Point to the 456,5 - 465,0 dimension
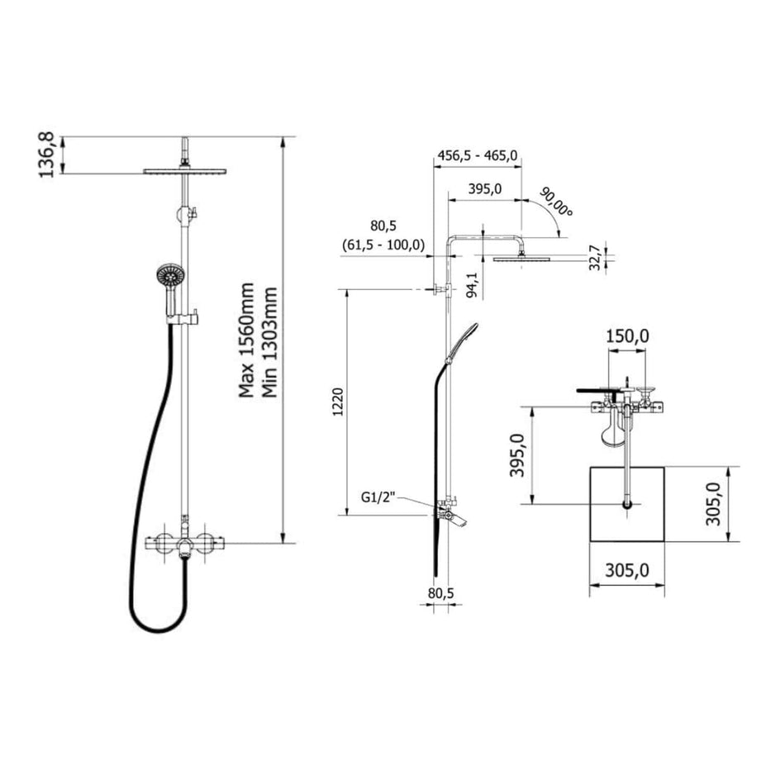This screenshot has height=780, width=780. [477, 155]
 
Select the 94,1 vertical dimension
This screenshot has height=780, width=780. [473, 283]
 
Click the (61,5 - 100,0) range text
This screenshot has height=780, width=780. [383, 245]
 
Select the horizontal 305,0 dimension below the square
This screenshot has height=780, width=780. [628, 571]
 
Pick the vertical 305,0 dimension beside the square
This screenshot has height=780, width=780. [716, 504]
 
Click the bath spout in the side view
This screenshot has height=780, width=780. [452, 518]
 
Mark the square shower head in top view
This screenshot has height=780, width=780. [628, 504]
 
